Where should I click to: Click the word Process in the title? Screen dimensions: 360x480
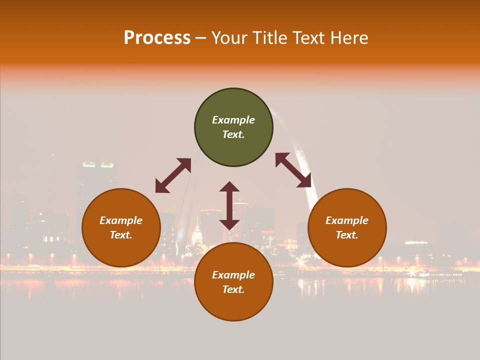coord(157,37)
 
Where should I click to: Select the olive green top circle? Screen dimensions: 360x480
coord(233,127)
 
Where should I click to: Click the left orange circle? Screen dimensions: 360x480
coord(121,228)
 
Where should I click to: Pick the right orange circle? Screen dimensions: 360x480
coord(347,228)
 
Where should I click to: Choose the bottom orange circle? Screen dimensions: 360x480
coord(233,282)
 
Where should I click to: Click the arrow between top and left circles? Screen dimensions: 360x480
coord(173,175)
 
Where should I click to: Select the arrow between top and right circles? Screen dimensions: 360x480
coord(293,170)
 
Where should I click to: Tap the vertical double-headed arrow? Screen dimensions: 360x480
coord(229,205)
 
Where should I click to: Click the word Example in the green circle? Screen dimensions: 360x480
coord(233,120)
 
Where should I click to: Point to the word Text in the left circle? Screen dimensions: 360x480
coord(121,235)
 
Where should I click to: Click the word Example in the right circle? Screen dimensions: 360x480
coord(347,220)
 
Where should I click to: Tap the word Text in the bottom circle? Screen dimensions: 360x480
coord(233,289)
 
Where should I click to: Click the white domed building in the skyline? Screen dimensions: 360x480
coord(197,235)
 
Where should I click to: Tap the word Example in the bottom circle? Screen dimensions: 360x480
coord(233,275)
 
